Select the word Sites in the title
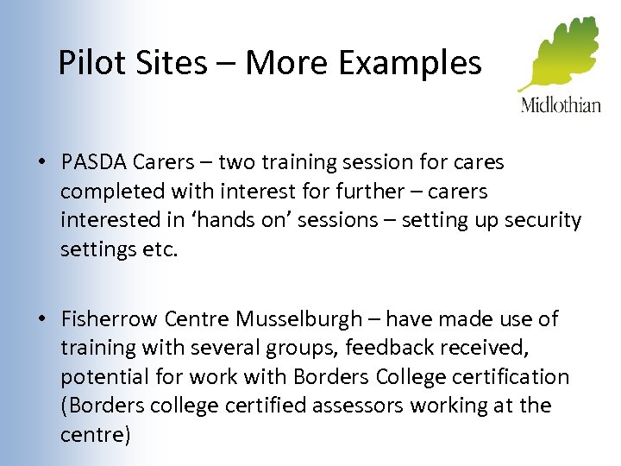(181, 62)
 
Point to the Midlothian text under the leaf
(561, 106)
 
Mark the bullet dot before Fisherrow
(41, 320)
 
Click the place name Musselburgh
(302, 319)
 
